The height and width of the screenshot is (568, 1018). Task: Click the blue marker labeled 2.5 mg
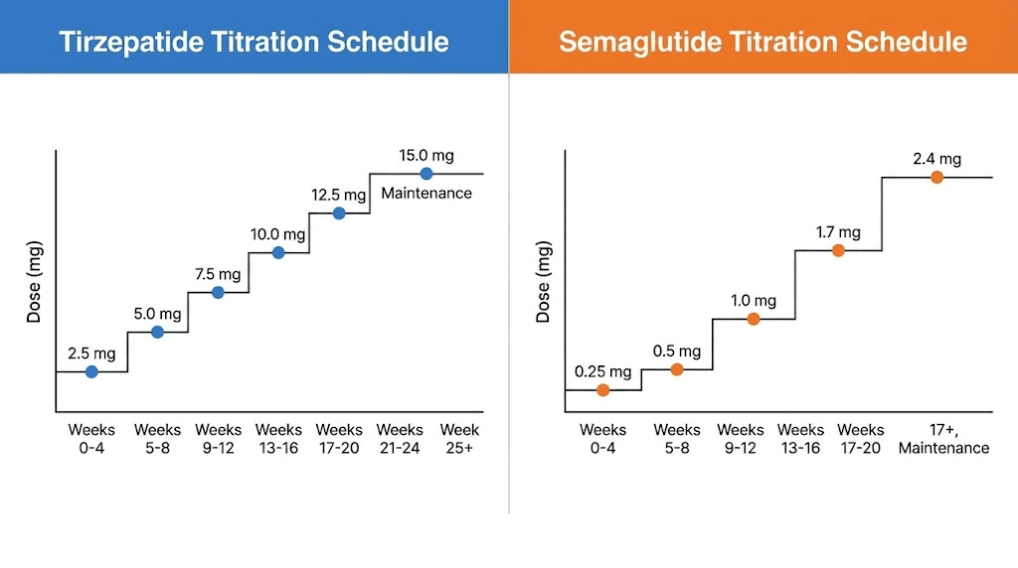click(x=91, y=371)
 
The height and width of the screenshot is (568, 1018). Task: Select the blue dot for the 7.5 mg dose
click(x=219, y=292)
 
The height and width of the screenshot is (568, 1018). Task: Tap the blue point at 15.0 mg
click(x=426, y=174)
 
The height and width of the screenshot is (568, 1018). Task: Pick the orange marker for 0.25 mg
click(x=602, y=390)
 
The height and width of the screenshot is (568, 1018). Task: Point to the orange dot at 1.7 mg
click(x=838, y=250)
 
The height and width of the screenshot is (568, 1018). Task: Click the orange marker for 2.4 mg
click(x=936, y=177)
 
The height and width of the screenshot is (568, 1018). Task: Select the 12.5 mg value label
click(x=339, y=195)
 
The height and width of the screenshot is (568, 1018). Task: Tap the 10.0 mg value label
click(x=277, y=234)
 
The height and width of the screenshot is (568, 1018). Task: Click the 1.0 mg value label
click(x=753, y=300)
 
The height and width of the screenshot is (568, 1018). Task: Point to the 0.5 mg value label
click(x=677, y=351)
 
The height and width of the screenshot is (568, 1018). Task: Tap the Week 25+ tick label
click(x=459, y=438)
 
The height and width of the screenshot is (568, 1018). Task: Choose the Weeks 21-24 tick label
click(x=400, y=438)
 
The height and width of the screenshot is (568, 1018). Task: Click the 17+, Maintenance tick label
click(x=943, y=438)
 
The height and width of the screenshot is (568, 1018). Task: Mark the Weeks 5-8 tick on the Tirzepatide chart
click(x=157, y=438)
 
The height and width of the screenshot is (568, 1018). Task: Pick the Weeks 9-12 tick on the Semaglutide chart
click(x=740, y=438)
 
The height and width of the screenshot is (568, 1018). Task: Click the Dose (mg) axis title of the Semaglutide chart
click(x=543, y=283)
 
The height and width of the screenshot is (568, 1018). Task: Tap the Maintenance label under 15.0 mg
click(x=426, y=194)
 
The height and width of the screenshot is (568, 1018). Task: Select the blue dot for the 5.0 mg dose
click(x=157, y=332)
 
